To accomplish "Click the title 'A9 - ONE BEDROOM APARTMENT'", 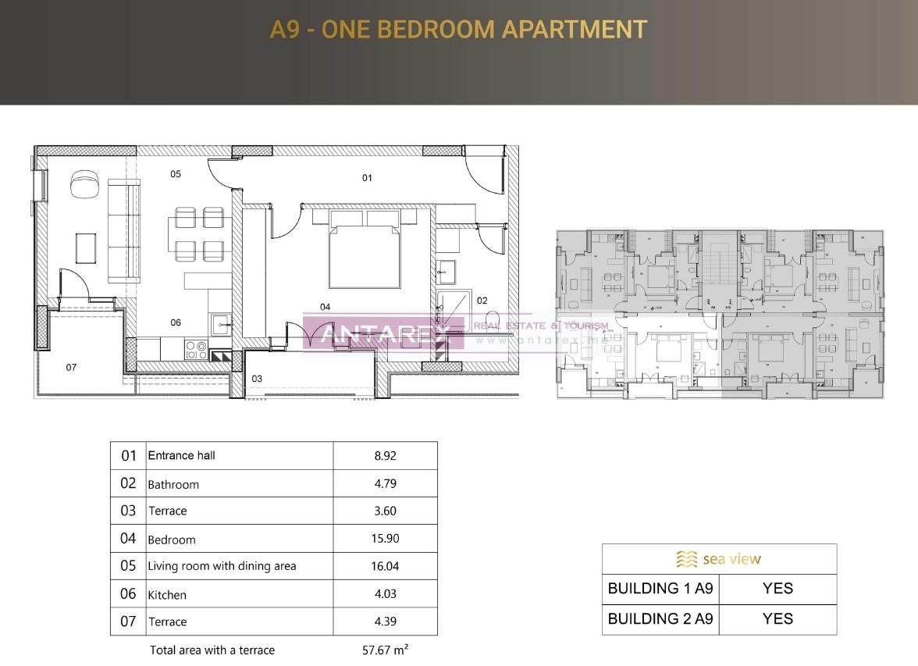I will point(458,30).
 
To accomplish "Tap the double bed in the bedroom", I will point(364,255).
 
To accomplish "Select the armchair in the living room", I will point(84,185).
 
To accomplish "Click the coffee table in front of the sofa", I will point(86,248).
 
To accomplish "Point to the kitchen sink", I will point(221,323).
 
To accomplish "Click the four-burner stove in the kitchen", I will point(197,349).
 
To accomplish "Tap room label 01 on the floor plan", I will point(367,178).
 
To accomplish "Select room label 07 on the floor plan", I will point(71,367).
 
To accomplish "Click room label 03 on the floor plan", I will point(257,379).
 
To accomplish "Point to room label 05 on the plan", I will point(176,174).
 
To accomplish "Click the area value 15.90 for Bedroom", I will point(385,539).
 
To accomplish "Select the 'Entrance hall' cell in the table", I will point(181,455).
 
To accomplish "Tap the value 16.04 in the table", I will point(385,566).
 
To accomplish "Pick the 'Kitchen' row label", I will point(167,595).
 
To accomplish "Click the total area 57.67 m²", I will point(380,649).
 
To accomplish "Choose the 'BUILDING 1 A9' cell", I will point(660,589).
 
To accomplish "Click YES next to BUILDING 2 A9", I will point(777,619).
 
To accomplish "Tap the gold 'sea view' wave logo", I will point(686,559).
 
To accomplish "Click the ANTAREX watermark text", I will point(382,333).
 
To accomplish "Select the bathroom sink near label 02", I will point(447,271).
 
